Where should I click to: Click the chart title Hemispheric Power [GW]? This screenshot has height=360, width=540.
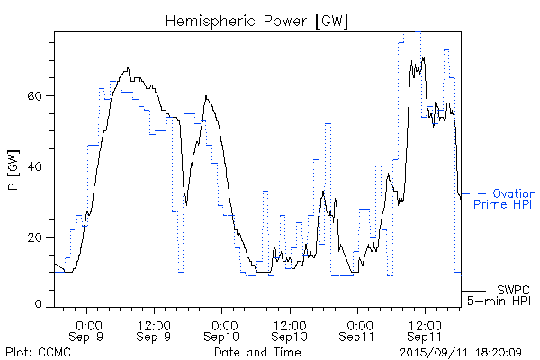point(256,20)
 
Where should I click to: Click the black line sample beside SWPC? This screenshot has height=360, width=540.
point(474,291)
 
